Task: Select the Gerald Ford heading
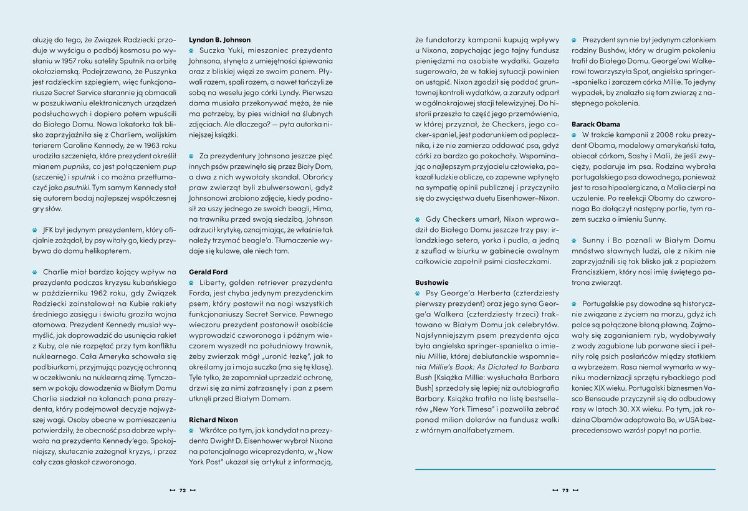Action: [x=208, y=272]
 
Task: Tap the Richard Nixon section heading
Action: [x=213, y=420]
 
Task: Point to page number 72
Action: [x=183, y=490]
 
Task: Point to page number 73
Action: [x=565, y=490]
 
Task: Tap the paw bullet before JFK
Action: [x=35, y=230]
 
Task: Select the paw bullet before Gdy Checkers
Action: [x=418, y=220]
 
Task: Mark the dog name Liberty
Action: [x=213, y=283]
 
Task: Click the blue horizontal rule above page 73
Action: [x=565, y=469]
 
